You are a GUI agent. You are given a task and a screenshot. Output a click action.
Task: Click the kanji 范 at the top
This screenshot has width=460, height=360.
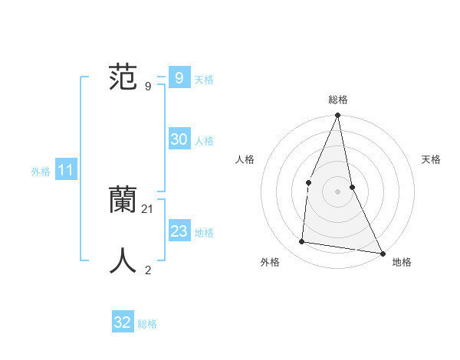123,79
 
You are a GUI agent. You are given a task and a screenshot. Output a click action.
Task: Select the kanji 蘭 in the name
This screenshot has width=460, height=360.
123,201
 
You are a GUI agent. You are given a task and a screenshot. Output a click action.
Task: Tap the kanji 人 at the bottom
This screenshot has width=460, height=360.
123,260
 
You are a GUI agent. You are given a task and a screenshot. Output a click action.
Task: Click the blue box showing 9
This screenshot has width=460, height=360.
179,78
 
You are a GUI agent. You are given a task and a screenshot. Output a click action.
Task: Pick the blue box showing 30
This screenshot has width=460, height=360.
179,139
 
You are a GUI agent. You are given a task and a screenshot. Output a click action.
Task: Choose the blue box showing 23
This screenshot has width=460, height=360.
179,231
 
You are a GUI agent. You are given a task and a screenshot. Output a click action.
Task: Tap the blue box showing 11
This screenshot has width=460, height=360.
65,171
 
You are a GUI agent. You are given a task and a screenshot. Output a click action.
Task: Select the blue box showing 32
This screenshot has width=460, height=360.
123,322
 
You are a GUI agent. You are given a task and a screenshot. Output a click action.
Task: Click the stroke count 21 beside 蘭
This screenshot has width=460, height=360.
148,209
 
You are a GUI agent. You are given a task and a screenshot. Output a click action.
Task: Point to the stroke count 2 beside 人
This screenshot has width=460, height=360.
148,270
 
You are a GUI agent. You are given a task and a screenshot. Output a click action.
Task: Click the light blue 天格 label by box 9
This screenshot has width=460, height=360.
204,80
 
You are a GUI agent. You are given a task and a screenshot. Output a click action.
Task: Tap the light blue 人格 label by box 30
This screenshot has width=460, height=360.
204,141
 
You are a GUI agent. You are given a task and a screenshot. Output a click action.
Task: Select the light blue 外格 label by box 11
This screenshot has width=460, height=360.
41,172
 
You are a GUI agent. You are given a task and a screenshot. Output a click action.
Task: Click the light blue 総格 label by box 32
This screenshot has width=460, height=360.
147,324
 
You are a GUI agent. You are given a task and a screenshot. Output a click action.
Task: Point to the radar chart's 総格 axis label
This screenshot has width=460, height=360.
337,100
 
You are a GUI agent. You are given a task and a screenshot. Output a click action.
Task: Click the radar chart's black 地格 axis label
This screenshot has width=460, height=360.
402,263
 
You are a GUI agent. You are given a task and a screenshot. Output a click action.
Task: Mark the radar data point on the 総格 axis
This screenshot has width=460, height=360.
337,116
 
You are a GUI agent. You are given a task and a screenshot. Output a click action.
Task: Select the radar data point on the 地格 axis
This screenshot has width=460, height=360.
382,253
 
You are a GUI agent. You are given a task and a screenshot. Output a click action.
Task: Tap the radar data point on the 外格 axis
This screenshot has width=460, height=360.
302,242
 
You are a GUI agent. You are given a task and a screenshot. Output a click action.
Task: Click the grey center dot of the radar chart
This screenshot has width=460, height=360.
337,191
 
